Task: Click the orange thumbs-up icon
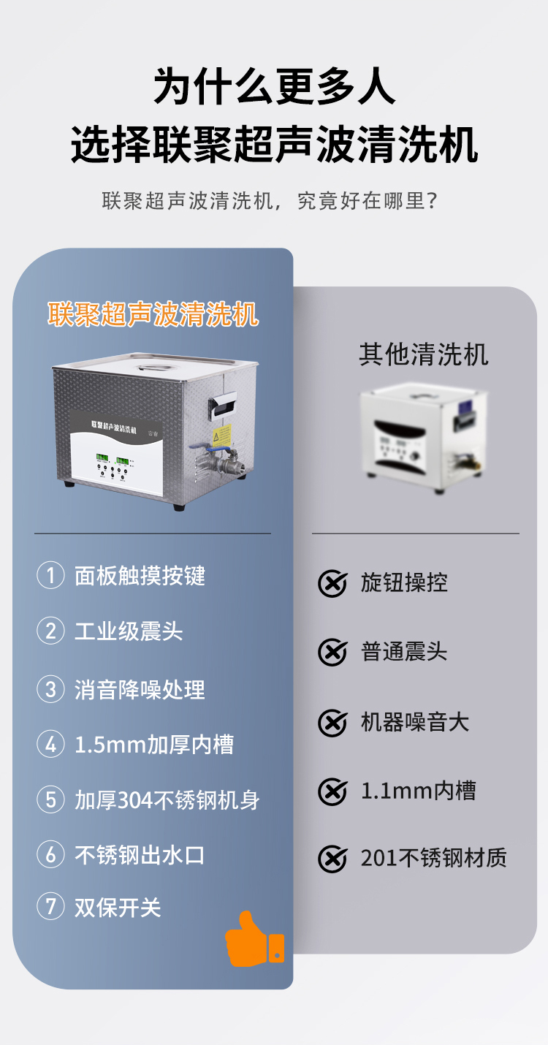pos(255,939)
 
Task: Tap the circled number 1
pos(50,575)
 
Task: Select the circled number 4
pos(50,744)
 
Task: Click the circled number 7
pos(50,907)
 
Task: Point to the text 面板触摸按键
pos(140,575)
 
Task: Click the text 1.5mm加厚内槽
pos(154,744)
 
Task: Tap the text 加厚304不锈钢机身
pos(167,799)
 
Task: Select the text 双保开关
pos(118,907)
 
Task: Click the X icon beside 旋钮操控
pos(332,583)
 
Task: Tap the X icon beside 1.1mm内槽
pos(332,791)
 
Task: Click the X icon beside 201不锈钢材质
pos(332,859)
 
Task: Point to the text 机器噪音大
pos(414,722)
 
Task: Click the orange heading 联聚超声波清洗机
pos(153,314)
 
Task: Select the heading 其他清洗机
pos(424,354)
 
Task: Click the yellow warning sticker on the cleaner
pos(221,436)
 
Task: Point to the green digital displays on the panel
pos(113,460)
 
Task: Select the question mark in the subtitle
pos(433,201)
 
